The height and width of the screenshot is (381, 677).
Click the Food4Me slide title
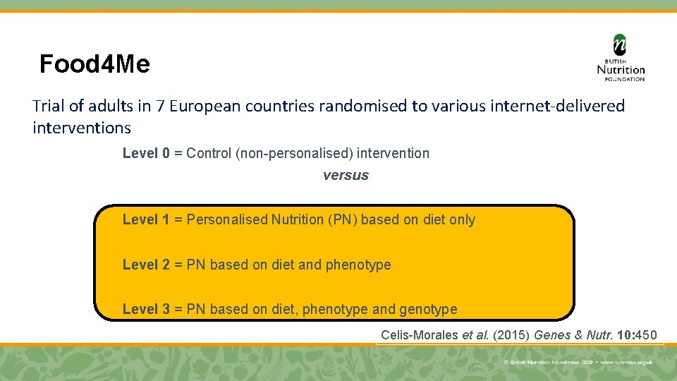[94, 65]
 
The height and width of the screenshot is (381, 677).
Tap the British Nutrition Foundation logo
[621, 59]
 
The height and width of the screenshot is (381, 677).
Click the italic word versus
[346, 176]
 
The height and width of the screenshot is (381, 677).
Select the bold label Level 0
[146, 153]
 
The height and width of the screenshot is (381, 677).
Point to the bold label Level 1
[146, 219]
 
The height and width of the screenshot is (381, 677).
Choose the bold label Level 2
[146, 265]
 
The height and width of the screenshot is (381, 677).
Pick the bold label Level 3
[146, 309]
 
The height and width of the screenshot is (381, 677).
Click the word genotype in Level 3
[428, 310]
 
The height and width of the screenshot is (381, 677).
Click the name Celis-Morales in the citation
[420, 335]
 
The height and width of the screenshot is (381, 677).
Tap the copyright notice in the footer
[578, 362]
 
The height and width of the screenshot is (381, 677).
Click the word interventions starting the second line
[82, 128]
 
